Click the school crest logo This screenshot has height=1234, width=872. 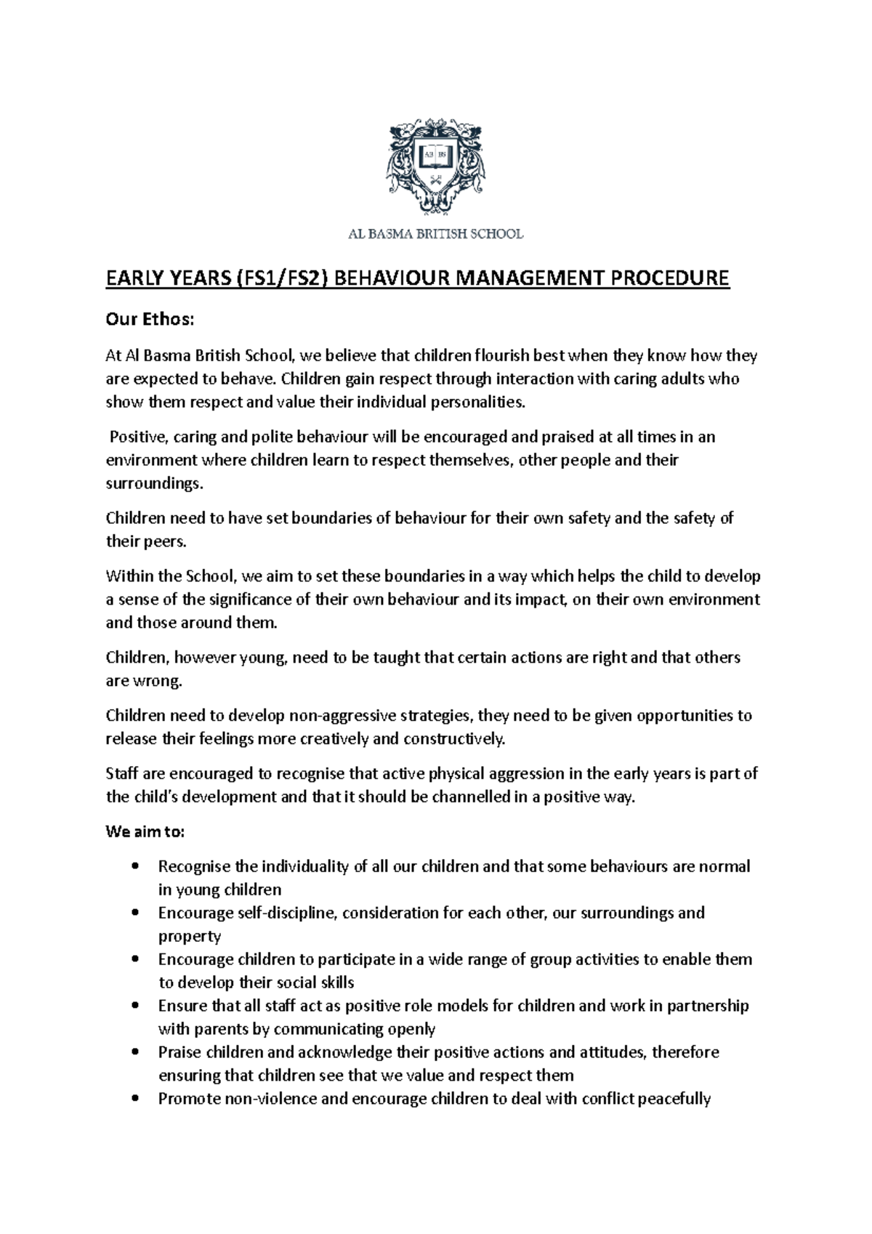tap(435, 168)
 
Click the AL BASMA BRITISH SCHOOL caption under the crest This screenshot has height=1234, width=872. tap(434, 234)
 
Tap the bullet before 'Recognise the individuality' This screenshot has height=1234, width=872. tap(136, 866)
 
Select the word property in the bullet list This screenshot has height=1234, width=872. tap(190, 936)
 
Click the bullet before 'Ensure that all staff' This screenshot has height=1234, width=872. tap(136, 1006)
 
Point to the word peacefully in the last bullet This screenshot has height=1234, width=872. tap(674, 1099)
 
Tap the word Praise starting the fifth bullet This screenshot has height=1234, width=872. tap(179, 1052)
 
